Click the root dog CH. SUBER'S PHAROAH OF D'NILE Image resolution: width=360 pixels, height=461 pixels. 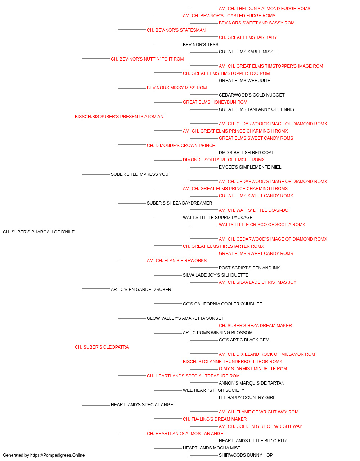39,232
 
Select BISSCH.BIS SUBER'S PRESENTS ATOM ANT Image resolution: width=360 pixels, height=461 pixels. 120,116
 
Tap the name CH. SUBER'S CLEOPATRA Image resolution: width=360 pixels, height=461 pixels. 102,347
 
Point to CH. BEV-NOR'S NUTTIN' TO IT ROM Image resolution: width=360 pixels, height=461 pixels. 147,59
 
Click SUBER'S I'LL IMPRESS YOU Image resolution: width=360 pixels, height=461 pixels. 140,174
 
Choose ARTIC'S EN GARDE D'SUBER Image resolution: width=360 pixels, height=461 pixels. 141,289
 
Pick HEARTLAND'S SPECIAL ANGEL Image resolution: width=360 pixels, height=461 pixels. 143,404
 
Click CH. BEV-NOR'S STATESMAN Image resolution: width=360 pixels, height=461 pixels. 176,30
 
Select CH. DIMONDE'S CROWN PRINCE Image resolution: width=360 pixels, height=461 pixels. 181,145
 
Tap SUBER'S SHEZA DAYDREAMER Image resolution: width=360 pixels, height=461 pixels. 179,203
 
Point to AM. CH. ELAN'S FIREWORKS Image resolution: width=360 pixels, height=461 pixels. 177,260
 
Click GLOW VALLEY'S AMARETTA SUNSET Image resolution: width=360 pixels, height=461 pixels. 185,318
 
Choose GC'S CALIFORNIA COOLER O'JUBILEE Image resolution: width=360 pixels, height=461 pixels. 222,304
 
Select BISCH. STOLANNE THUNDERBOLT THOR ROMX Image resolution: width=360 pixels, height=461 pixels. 232,362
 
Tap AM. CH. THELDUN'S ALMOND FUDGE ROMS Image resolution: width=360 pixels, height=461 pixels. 264,9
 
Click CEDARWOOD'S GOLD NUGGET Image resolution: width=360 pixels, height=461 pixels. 252,95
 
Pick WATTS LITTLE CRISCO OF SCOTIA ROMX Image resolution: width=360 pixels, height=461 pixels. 262,224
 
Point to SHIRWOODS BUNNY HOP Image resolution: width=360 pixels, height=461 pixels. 246,455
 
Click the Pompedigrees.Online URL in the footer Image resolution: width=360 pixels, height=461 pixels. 57,455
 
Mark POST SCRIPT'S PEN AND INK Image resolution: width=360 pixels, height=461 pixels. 249,268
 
